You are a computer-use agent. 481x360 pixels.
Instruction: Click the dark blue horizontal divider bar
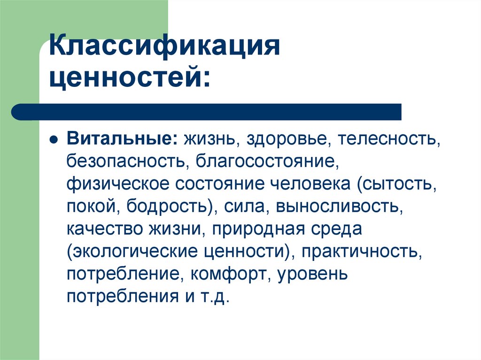pyautogui.click(x=207, y=112)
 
